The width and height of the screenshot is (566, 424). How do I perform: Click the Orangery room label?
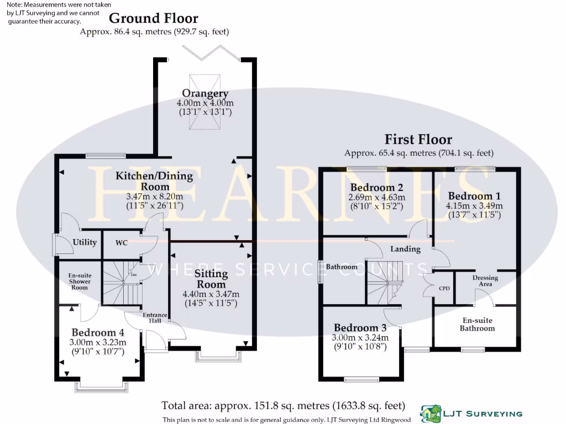tap(205, 93)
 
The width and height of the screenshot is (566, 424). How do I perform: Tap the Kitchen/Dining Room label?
tap(154, 181)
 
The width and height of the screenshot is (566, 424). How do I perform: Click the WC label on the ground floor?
tap(122, 242)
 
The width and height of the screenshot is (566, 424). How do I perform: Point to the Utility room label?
tap(85, 242)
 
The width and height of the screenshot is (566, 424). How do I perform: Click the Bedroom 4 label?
tap(98, 332)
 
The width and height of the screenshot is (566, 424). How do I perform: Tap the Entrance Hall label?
tap(155, 319)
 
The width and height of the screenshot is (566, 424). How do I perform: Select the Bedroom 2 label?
tap(376, 187)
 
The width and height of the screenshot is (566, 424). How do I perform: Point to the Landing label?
tap(405, 249)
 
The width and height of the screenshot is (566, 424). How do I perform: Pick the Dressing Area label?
tap(485, 280)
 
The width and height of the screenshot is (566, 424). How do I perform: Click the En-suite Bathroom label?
tap(478, 324)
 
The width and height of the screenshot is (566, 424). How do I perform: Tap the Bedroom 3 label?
tap(360, 327)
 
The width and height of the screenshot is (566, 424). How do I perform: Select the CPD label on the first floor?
tap(444, 288)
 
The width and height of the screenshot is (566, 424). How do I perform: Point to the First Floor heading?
tap(418, 140)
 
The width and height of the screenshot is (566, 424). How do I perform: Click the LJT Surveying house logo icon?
tap(430, 412)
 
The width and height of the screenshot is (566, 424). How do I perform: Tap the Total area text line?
tap(282, 406)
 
